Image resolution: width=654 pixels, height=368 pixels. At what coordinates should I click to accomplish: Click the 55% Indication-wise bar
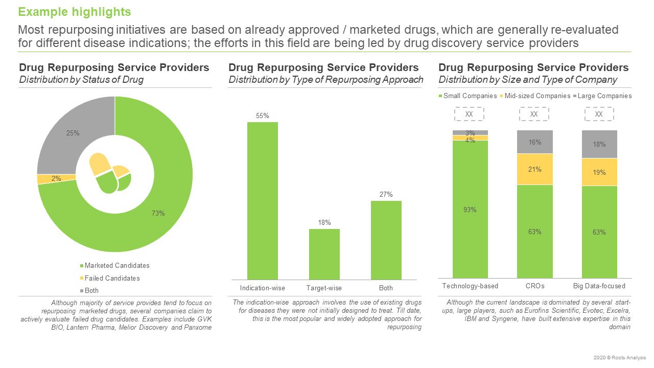click(x=263, y=200)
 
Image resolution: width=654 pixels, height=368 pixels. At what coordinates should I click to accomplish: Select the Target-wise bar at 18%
click(x=324, y=254)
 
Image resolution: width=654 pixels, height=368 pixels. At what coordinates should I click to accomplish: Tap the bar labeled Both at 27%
click(x=386, y=240)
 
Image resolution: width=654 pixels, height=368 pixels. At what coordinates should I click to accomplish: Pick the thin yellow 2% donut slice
click(x=56, y=179)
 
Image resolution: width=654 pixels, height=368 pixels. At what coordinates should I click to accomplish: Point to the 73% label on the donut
click(x=158, y=213)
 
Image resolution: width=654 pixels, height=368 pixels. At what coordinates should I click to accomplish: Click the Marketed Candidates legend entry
click(x=117, y=266)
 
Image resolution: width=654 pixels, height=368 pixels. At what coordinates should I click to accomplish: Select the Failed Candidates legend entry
click(x=112, y=278)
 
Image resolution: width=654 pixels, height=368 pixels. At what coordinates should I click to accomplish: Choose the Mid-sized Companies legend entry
click(x=537, y=96)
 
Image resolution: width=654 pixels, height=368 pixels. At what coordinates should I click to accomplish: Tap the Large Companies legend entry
click(x=604, y=96)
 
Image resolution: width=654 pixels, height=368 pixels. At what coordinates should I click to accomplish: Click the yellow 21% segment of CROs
click(x=534, y=169)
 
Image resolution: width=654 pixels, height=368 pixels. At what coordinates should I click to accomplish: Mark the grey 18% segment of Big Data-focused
click(x=599, y=144)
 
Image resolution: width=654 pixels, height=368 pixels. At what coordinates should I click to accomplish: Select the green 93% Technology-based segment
click(x=470, y=209)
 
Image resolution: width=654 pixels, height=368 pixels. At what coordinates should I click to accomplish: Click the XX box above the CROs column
click(x=534, y=114)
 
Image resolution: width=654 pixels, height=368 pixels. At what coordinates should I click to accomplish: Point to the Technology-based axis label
click(x=470, y=286)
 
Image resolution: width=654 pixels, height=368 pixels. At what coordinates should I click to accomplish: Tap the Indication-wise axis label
click(x=263, y=288)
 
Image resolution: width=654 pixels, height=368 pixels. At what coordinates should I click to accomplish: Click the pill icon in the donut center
click(x=110, y=174)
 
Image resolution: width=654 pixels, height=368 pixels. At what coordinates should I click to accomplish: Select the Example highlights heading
click(x=75, y=12)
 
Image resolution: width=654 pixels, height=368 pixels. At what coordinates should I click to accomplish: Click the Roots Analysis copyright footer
click(x=621, y=357)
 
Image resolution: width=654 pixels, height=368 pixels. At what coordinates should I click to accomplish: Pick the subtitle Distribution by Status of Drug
click(x=81, y=79)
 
